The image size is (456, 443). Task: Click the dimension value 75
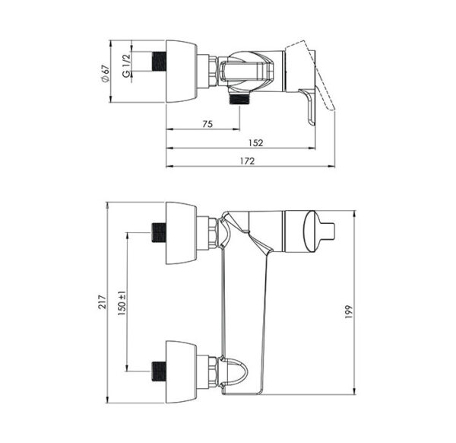click(x=207, y=124)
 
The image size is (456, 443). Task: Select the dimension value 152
click(x=255, y=142)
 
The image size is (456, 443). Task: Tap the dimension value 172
click(x=248, y=161)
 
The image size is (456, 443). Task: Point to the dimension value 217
click(x=102, y=301)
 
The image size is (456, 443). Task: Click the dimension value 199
click(x=348, y=311)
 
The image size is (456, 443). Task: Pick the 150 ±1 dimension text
click(x=122, y=304)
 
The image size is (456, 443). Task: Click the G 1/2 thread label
click(x=126, y=65)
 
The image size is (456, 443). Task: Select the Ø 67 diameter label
click(x=105, y=73)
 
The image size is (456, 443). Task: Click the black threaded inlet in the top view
click(x=159, y=61)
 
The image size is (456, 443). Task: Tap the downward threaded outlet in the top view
click(x=239, y=98)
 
